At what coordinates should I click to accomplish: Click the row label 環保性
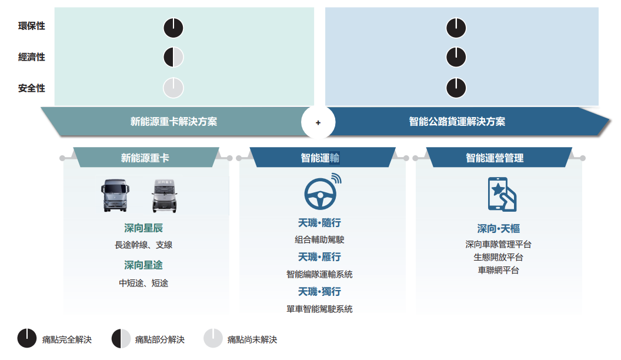click(32, 26)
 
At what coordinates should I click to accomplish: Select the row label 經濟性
click(32, 57)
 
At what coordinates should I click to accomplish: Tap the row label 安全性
click(32, 88)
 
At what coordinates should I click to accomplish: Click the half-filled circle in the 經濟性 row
click(173, 57)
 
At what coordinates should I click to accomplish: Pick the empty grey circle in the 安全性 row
click(173, 88)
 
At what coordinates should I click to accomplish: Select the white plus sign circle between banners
click(318, 122)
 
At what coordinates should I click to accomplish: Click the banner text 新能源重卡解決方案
click(173, 122)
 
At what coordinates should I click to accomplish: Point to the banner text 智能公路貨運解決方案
click(457, 122)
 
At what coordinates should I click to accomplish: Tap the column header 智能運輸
click(320, 158)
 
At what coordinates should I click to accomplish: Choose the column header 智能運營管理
click(495, 158)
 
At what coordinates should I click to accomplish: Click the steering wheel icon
click(321, 191)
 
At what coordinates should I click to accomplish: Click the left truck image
click(115, 196)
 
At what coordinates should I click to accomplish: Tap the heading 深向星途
click(143, 265)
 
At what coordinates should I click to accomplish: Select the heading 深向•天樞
click(498, 229)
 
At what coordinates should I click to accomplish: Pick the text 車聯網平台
click(498, 270)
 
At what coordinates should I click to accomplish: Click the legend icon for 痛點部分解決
click(121, 339)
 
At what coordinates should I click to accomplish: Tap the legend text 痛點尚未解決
click(252, 339)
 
